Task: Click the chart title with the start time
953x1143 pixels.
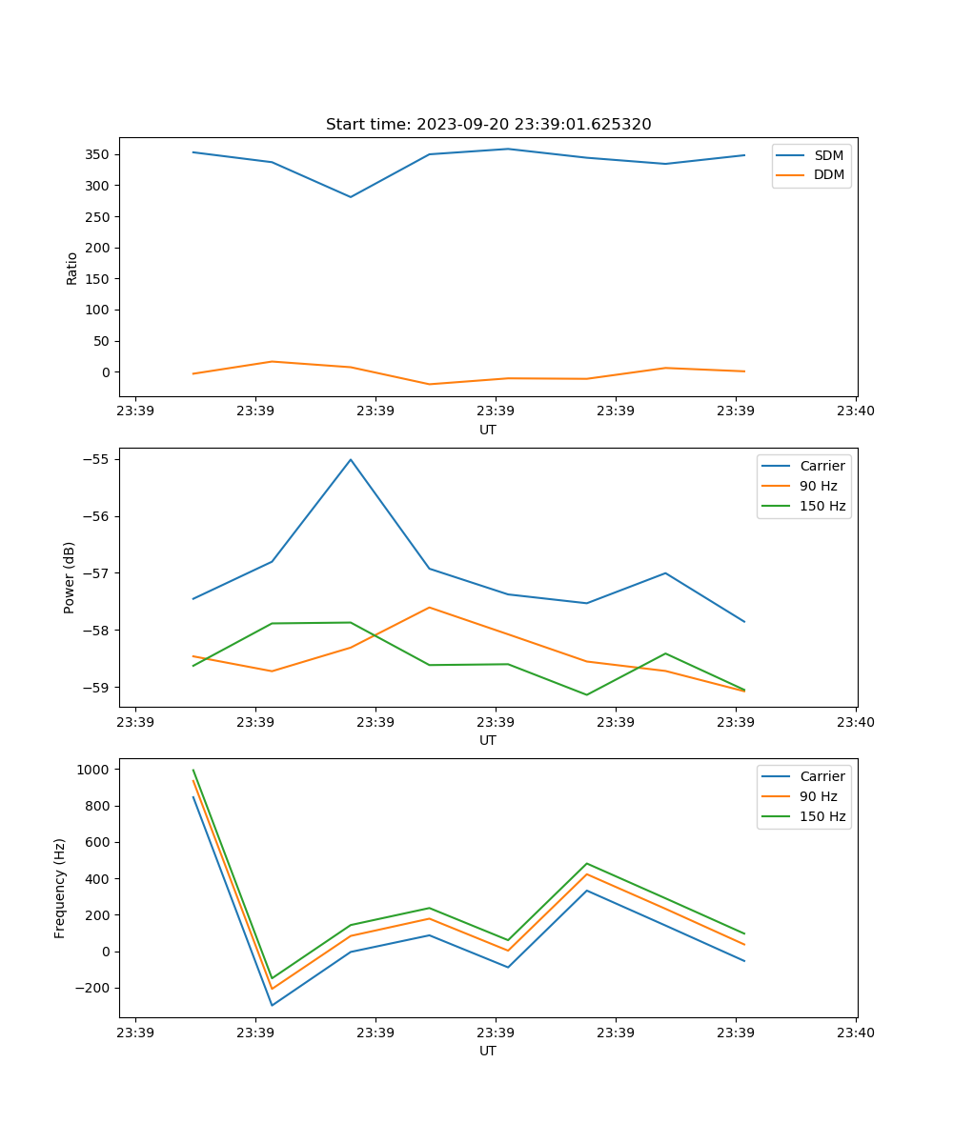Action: (488, 125)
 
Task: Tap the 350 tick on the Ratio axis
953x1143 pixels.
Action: (98, 154)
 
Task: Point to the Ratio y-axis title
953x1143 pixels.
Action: (72, 268)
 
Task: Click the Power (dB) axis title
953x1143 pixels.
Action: (70, 577)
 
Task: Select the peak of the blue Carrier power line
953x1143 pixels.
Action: (351, 459)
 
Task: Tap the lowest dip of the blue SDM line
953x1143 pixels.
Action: (351, 197)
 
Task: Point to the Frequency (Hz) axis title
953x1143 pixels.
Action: (60, 888)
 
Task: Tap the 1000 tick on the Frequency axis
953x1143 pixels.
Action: (94, 769)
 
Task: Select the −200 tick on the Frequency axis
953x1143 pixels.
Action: (94, 988)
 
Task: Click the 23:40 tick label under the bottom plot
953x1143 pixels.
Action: (855, 1033)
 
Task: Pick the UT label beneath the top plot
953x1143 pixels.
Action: (488, 430)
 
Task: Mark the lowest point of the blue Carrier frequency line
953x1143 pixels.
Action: (272, 1006)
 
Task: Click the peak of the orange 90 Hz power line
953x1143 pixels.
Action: (430, 607)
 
